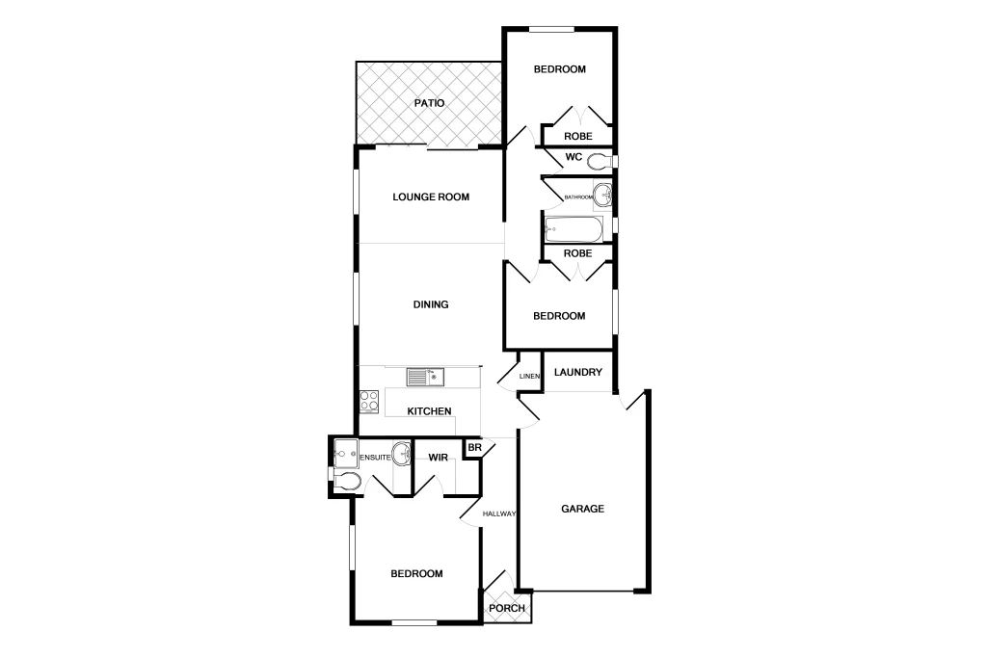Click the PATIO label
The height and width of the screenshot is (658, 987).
[429, 103]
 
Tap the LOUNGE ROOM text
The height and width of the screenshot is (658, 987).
[431, 197]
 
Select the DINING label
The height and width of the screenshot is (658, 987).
[431, 304]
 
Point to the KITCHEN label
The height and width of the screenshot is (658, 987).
[430, 411]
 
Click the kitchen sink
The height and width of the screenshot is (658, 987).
[424, 376]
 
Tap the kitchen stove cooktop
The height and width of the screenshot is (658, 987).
[369, 400]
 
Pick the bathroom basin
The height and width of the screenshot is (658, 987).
[603, 196]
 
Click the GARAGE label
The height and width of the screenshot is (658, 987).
[583, 509]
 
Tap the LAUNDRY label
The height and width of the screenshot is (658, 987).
[578, 373]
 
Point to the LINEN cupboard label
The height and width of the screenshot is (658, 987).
[529, 376]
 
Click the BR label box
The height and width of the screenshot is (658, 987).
[473, 448]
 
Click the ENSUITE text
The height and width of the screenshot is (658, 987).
[376, 458]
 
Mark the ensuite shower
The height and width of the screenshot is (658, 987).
[345, 450]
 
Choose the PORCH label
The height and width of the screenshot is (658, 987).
[507, 608]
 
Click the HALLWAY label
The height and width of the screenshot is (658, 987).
[500, 514]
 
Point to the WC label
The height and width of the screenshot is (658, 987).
[573, 157]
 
